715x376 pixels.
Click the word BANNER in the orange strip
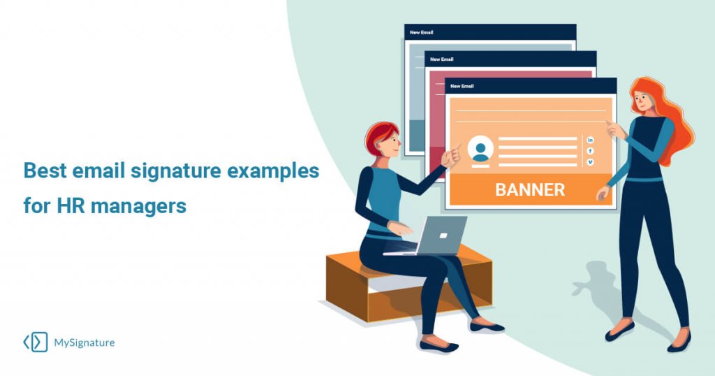pyautogui.click(x=530, y=189)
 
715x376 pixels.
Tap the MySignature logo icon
pyautogui.click(x=36, y=342)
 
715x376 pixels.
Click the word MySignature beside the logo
pyautogui.click(x=84, y=342)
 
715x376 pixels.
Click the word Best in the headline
pyautogui.click(x=45, y=171)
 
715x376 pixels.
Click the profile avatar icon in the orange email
pyautogui.click(x=480, y=151)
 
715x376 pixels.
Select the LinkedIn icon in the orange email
pyautogui.click(x=591, y=140)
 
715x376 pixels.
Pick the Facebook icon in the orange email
pyautogui.click(x=591, y=151)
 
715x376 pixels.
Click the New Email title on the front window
pyautogui.click(x=462, y=86)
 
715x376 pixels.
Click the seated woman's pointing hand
pyautogui.click(x=452, y=155)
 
